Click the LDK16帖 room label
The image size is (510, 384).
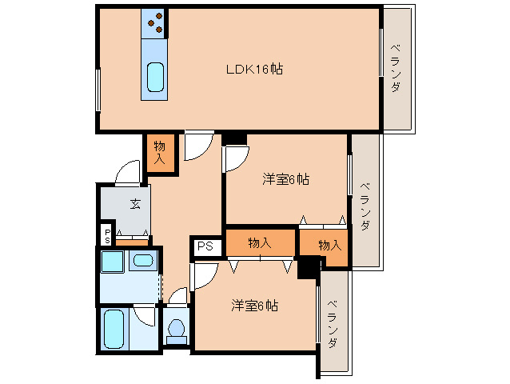click(x=254, y=69)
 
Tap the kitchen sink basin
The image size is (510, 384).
click(x=155, y=77)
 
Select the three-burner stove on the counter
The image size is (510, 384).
click(x=155, y=23)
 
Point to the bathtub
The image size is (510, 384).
click(x=114, y=329)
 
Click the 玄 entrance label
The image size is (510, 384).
click(x=135, y=204)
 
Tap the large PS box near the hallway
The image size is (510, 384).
click(x=205, y=246)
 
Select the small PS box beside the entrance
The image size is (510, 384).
click(x=107, y=236)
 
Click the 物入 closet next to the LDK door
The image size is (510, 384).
click(x=161, y=152)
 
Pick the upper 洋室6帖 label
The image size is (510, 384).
click(x=285, y=179)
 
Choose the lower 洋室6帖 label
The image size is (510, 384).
click(x=255, y=306)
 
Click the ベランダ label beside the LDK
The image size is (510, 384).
click(x=396, y=68)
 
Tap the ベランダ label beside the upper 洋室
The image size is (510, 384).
click(x=365, y=206)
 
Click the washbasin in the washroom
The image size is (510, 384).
click(x=143, y=261)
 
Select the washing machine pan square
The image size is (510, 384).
click(x=112, y=262)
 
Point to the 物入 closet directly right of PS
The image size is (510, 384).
click(x=261, y=242)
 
